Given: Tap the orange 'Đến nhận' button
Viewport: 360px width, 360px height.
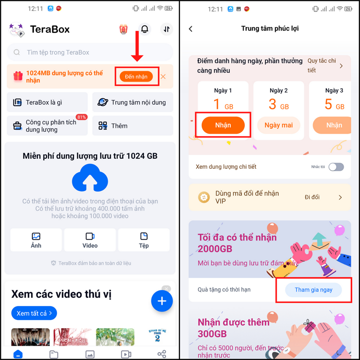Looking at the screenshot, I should (x=136, y=76).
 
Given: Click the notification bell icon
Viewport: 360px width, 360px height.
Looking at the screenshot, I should (x=144, y=29).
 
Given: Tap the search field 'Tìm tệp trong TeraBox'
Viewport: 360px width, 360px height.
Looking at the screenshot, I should (x=90, y=52).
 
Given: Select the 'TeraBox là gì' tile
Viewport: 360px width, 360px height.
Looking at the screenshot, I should (x=48, y=102).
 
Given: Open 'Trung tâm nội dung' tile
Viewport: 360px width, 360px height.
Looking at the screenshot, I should (x=133, y=102).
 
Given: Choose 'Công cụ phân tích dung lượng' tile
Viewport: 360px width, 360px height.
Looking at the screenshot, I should (x=48, y=126).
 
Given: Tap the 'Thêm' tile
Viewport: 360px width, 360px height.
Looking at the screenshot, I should (x=133, y=126).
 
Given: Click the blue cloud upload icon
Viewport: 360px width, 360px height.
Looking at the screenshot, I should (x=90, y=178).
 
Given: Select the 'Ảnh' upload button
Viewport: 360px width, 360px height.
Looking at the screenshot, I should (x=36, y=240).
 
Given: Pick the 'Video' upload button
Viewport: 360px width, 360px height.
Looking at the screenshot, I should (x=90, y=240).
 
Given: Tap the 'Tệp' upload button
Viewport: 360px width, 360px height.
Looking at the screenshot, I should (x=144, y=240).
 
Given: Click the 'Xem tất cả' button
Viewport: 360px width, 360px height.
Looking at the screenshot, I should (x=34, y=313).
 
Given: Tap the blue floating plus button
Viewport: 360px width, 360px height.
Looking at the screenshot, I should (x=162, y=301).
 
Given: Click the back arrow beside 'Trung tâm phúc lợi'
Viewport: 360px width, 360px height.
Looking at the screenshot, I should (x=190, y=29).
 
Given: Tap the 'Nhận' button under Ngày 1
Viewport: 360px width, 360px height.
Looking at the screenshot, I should (x=223, y=125).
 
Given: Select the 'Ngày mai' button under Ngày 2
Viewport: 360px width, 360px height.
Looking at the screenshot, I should (x=279, y=125).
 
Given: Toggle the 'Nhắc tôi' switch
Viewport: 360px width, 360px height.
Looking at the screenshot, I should (x=336, y=167).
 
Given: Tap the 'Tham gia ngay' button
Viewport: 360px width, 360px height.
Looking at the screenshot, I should (x=314, y=290).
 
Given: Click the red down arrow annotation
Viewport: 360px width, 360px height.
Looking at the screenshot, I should (x=138, y=47).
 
